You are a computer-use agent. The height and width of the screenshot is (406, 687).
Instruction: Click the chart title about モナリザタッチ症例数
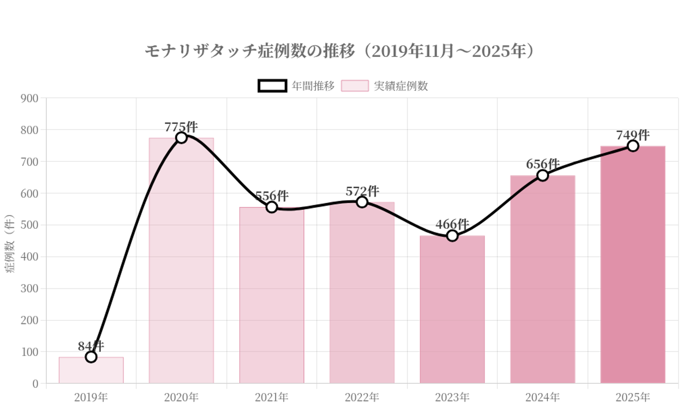339,51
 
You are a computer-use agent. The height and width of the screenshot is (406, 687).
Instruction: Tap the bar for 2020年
181,271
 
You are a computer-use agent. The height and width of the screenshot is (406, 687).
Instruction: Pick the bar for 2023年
452,316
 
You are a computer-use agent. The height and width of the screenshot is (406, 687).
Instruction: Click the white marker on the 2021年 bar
271,207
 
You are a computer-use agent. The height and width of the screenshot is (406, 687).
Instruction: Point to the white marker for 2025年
633,146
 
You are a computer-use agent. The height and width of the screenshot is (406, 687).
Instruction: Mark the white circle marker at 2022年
362,202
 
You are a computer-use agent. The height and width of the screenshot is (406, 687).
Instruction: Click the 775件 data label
181,127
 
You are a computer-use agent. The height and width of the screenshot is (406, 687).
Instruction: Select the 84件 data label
91,346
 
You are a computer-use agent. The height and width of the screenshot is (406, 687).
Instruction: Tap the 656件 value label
543,164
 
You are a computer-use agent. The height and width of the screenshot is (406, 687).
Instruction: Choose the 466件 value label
452,224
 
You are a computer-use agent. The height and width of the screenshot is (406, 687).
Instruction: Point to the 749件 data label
633,135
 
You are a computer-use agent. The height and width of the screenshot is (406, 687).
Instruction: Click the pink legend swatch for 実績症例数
355,86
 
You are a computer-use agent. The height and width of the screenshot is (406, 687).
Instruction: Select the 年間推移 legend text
313,86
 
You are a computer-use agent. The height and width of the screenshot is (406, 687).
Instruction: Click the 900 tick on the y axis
30,98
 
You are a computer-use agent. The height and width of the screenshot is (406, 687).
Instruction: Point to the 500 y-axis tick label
30,225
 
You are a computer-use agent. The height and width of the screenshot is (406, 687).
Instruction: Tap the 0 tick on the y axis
35,384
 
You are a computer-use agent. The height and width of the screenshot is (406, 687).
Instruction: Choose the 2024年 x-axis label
543,397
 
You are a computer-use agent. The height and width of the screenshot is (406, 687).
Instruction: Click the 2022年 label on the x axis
362,397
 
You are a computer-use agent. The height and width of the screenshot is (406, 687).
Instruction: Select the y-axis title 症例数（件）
10,244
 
